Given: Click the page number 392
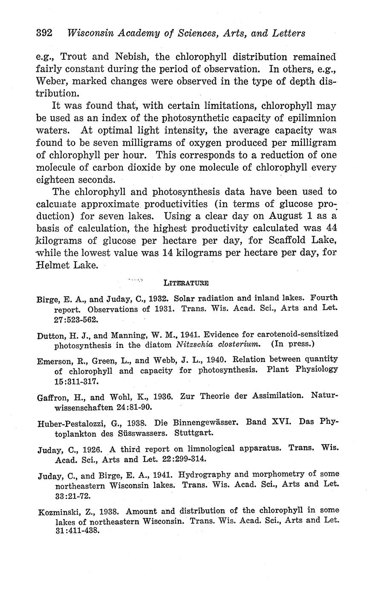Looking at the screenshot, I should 44,33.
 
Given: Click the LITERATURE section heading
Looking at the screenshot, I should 186,283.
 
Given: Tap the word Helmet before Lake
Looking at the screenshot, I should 52,265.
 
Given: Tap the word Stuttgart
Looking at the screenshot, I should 194,432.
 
